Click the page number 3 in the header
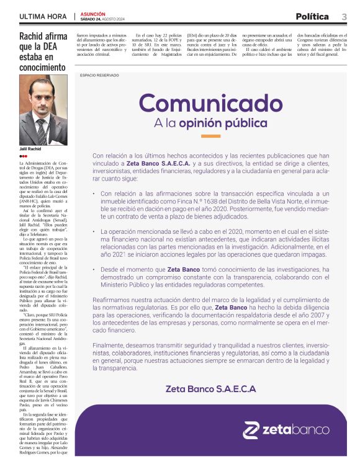pyautogui.click(x=344, y=17)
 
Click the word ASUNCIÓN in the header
pyautogui.click(x=93, y=13)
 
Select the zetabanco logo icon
pyautogui.click(x=250, y=430)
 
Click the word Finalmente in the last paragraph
pyautogui.click(x=108, y=345)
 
